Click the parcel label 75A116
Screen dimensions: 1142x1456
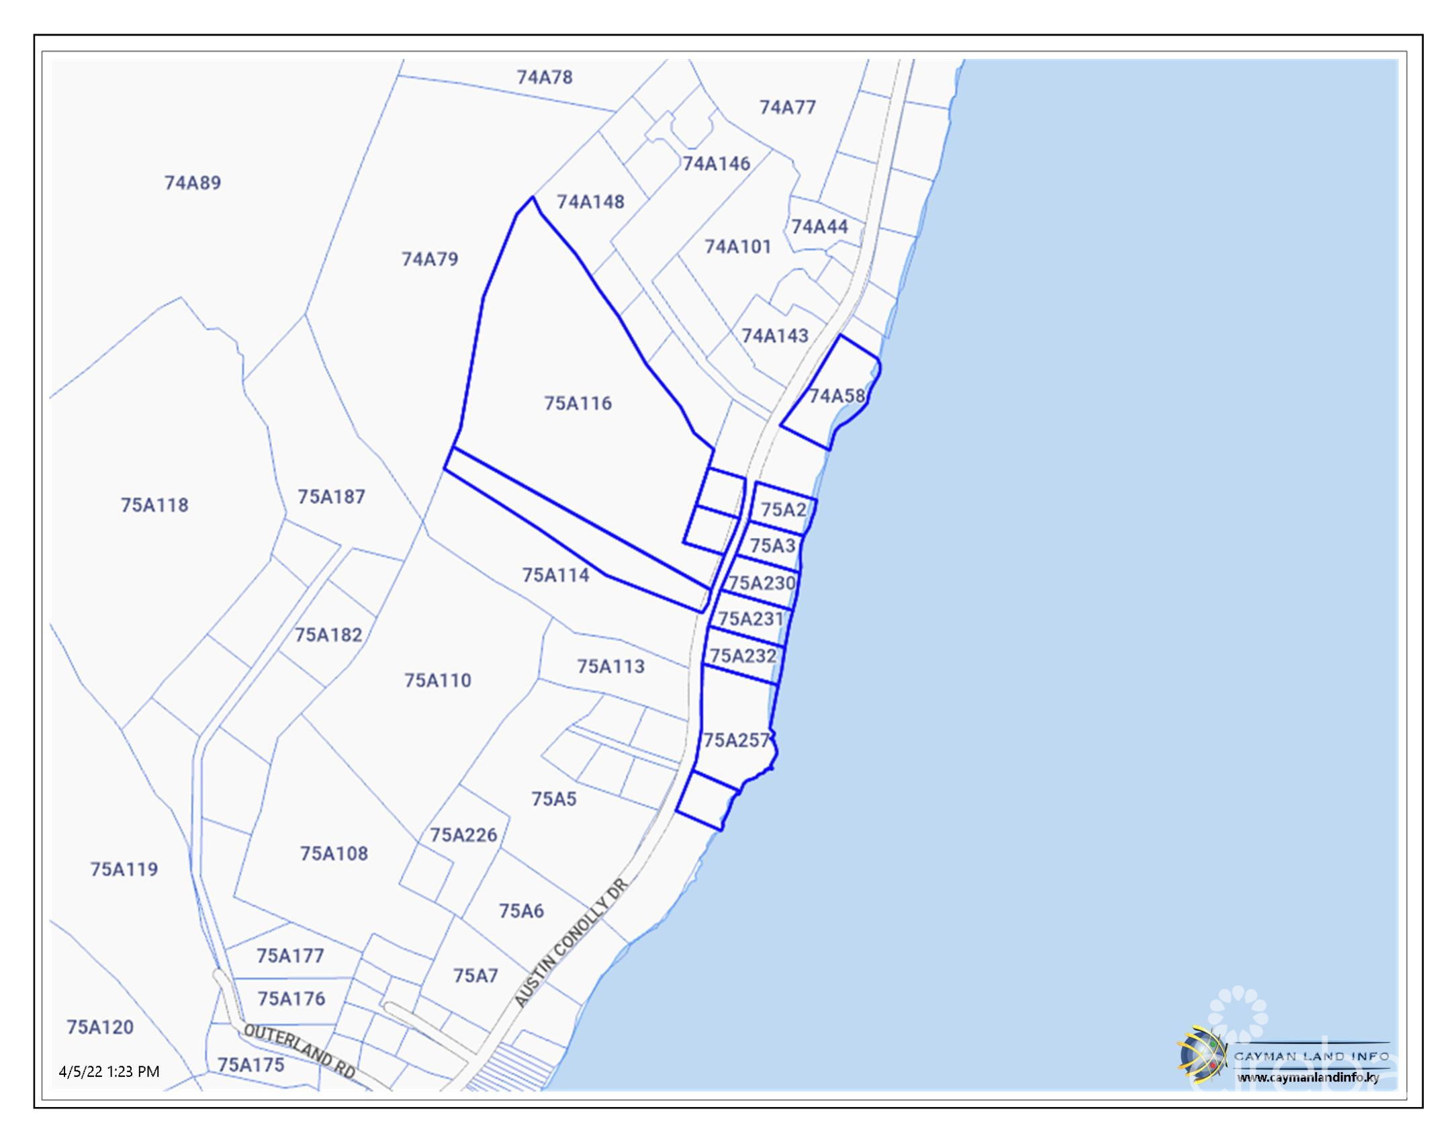578,403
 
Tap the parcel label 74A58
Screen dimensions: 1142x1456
836,396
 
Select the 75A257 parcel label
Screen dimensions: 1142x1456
736,740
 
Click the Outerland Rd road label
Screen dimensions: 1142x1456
300,1051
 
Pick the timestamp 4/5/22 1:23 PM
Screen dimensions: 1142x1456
109,1071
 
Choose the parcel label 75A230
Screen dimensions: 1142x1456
762,582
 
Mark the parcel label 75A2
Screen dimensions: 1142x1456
783,509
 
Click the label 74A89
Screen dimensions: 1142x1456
193,183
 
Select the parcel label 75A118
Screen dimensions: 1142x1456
154,505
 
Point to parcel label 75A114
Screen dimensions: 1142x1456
555,575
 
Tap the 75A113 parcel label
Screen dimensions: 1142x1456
610,666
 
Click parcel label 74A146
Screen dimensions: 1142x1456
716,163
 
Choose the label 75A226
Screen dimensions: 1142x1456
463,834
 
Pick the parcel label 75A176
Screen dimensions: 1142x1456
291,999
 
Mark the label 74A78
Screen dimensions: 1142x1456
545,77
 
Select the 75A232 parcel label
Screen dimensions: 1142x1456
743,655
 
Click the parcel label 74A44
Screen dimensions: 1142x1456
819,226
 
